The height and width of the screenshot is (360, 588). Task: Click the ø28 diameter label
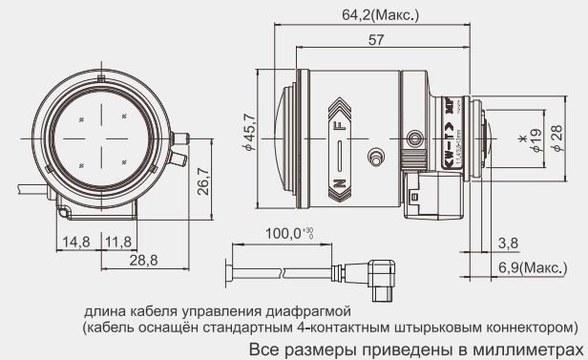tap(556, 139)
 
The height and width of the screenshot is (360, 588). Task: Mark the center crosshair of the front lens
tap(102, 138)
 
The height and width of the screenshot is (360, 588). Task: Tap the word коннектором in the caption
tap(526, 327)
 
